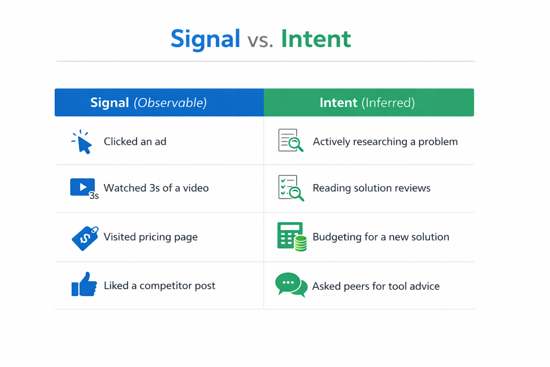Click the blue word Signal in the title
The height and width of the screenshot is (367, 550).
(x=205, y=39)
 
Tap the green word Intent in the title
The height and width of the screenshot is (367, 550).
(x=315, y=39)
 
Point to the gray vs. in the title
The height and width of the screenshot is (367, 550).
(x=260, y=40)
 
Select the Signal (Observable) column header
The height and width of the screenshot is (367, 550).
(x=148, y=103)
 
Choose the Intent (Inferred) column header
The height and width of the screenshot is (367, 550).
(x=367, y=103)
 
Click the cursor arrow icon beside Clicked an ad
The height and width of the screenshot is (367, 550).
(x=82, y=142)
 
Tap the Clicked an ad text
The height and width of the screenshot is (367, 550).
(x=135, y=142)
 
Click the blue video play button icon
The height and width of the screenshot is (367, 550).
(x=83, y=187)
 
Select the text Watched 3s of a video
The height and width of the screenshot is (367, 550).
(x=156, y=188)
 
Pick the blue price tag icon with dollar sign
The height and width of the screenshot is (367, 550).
(x=85, y=238)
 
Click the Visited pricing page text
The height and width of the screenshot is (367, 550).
(x=150, y=237)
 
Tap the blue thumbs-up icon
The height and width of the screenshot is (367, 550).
(x=84, y=285)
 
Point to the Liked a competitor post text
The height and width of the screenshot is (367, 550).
(x=159, y=286)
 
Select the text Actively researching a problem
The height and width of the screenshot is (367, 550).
(x=385, y=142)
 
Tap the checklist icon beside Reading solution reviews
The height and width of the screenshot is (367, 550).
(x=290, y=188)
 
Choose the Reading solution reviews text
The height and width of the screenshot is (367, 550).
(x=371, y=188)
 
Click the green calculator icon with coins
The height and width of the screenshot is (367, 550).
(x=291, y=237)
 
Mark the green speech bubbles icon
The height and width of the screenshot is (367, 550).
(x=291, y=285)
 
